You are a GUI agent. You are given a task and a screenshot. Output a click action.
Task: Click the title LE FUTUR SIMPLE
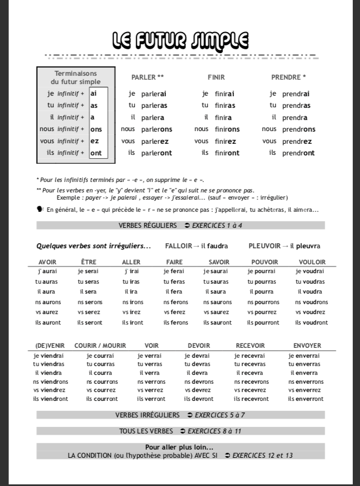point(180,40)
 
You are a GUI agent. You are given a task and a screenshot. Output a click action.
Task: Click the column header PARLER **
point(147,77)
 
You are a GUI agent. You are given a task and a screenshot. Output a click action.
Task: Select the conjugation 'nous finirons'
point(217,129)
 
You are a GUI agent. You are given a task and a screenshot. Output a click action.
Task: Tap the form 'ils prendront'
point(291,153)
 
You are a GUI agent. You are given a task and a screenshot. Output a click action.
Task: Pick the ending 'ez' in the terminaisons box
point(95,141)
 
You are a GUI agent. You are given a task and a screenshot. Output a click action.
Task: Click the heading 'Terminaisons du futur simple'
point(76,77)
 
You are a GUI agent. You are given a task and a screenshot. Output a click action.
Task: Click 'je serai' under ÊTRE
point(88,271)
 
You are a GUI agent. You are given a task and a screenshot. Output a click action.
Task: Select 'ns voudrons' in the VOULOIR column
point(311,302)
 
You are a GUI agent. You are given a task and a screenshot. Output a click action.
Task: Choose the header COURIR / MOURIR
point(100,346)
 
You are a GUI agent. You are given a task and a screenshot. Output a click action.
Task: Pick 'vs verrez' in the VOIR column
point(150,390)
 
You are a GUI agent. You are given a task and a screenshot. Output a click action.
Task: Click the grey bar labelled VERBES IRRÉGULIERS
point(180,415)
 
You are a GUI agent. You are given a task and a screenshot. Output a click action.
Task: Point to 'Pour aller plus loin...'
point(179,447)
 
